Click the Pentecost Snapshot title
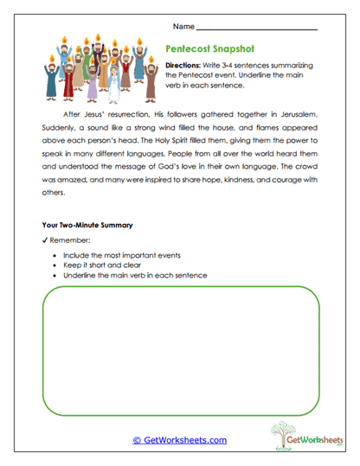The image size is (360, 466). pyautogui.click(x=211, y=50)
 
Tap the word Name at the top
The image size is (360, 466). pyautogui.click(x=184, y=25)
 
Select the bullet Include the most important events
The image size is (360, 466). pyautogui.click(x=120, y=256)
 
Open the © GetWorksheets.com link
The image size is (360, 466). pyautogui.click(x=179, y=440)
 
